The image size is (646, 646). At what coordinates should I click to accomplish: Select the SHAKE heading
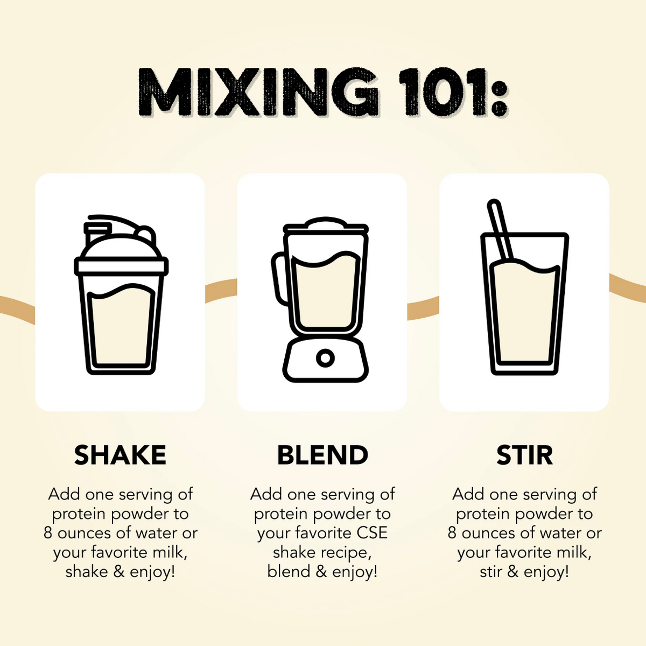coord(120,455)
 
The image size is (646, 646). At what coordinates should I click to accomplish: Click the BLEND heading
coord(322,455)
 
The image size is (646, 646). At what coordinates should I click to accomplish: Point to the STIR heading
coord(524,455)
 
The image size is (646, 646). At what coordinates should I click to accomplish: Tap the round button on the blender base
coord(325,357)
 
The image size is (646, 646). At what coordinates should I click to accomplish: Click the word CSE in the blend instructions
coord(372,533)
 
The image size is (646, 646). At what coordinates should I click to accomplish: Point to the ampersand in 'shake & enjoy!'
coord(119,571)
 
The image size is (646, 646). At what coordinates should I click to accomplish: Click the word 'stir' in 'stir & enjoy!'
coord(490,571)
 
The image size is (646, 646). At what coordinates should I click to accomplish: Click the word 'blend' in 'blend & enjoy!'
coord(289,571)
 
